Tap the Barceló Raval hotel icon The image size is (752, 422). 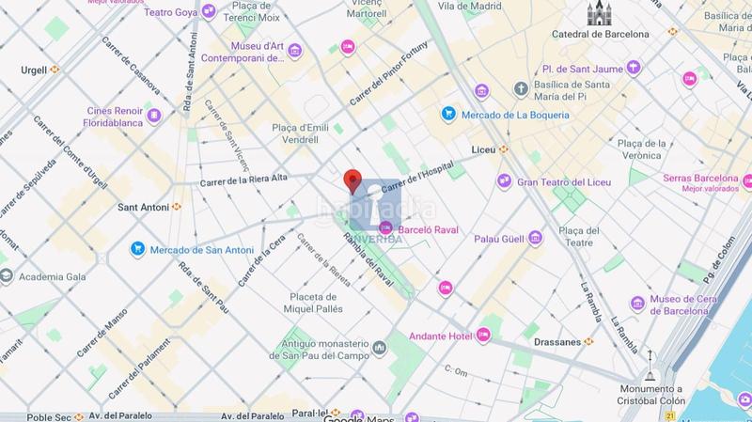click(x=384, y=227)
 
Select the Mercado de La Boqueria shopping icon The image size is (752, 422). click(x=449, y=115)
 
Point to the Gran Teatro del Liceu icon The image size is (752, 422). click(x=505, y=181)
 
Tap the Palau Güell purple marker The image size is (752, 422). click(x=536, y=238)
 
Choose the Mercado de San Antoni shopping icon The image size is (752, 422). click(x=138, y=250)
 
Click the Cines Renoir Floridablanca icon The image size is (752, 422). click(x=154, y=116)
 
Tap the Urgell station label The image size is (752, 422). click(x=35, y=69)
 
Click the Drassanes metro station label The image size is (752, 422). click(x=558, y=341)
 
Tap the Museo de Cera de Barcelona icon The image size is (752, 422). click(x=638, y=302)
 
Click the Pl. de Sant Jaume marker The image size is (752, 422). click(x=634, y=68)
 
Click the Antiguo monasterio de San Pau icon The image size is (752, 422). click(x=379, y=349)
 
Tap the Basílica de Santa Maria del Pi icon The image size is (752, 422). click(x=520, y=88)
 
